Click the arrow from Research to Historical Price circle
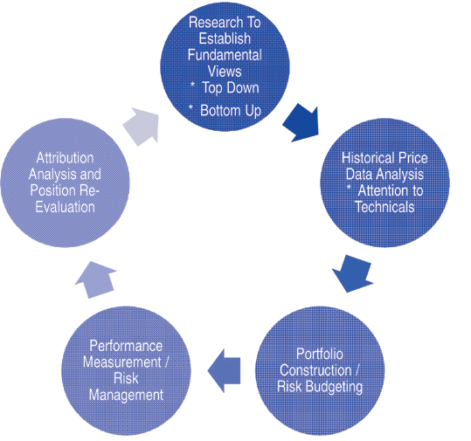pos(301,123)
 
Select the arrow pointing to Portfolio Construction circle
pos(353,273)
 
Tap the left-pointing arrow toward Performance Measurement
pos(224,370)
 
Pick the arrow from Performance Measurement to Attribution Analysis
pos(96,279)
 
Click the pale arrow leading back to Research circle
pos(142,127)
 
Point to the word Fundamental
pos(225,55)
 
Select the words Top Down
pos(231,88)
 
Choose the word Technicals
pos(384,207)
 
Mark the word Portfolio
pos(320,354)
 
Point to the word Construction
pos(315,370)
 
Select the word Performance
pos(126,346)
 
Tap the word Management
pos(126,395)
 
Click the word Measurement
pos(122,362)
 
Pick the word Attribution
pos(66,158)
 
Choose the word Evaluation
pos(66,207)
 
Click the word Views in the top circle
pos(225,72)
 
